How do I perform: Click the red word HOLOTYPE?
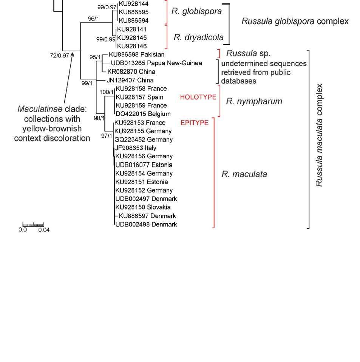[x=198, y=97]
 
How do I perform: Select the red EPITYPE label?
[x=194, y=123]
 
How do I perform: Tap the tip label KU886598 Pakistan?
[x=136, y=55]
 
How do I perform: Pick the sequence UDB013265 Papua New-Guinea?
[x=156, y=63]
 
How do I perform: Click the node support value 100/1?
[x=106, y=92]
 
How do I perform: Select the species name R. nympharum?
[x=254, y=101]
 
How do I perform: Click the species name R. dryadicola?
[x=198, y=37]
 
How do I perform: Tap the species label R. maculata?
[x=244, y=174]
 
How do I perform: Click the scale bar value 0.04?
[x=43, y=230]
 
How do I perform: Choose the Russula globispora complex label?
[x=295, y=22]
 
